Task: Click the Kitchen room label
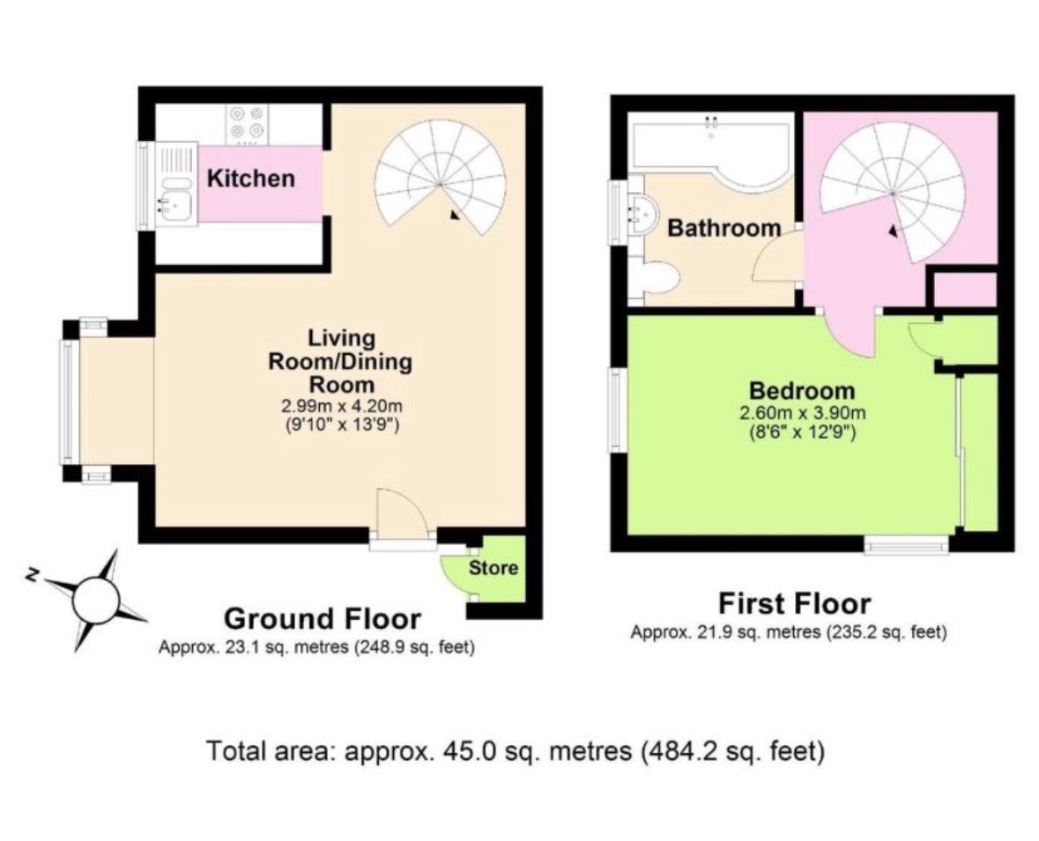(250, 179)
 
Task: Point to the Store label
(493, 568)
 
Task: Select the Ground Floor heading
(322, 618)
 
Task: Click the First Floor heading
(794, 604)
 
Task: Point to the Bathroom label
(724, 228)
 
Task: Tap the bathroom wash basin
(640, 211)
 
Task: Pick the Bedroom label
(801, 390)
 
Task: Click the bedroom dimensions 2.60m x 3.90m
(801, 413)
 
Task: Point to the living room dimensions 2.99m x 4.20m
(341, 407)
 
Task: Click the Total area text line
(516, 751)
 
